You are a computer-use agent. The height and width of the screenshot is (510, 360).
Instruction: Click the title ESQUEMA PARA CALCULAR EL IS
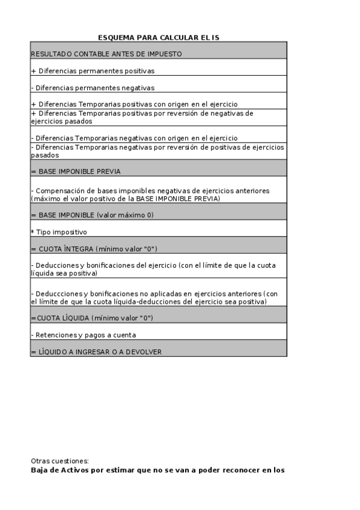pos(159,37)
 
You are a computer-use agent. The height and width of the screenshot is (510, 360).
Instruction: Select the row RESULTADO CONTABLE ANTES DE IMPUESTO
pos(158,54)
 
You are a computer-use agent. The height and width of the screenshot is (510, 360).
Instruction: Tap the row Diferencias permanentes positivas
pos(158,70)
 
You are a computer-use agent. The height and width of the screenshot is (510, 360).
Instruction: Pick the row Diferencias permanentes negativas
pos(158,87)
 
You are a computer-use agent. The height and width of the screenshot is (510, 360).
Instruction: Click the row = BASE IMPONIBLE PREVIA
pos(158,171)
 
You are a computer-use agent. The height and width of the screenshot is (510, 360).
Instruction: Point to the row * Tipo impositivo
pos(158,232)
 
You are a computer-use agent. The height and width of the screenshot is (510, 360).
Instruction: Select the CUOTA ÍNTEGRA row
pos(158,248)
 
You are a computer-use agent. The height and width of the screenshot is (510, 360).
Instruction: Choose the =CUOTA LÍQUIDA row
pos(158,318)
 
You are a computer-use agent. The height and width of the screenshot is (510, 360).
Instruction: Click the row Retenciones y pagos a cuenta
pos(158,334)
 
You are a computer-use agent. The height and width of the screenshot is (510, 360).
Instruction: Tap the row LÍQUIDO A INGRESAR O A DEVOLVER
pos(158,351)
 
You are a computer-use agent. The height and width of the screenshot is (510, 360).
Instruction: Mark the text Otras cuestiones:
pos(59,461)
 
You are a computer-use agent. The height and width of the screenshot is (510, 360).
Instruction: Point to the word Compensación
pos(58,191)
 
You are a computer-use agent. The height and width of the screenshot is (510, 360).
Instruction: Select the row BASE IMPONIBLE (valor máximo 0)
pos(158,215)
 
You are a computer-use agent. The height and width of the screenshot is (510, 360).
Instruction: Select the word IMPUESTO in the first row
pos(163,54)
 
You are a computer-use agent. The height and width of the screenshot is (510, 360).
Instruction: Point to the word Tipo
pos(41,232)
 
